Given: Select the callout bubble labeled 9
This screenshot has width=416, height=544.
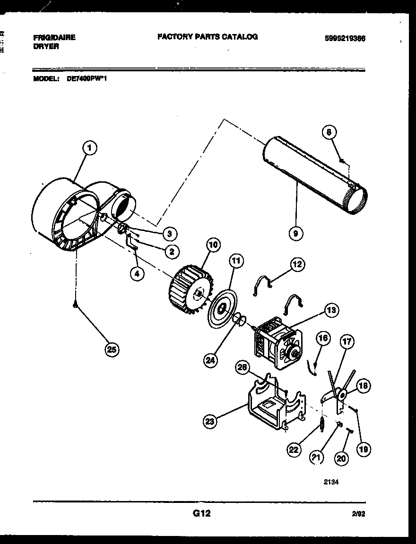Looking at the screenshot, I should tap(297, 232).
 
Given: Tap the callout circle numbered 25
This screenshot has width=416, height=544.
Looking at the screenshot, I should tap(111, 349).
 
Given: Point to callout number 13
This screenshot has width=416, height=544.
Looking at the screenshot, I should tap(331, 310).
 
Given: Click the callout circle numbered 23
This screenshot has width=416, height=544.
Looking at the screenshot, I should tap(210, 421).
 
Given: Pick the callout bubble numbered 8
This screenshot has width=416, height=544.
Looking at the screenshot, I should tap(330, 133).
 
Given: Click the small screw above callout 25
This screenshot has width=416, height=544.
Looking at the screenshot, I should tap(76, 306).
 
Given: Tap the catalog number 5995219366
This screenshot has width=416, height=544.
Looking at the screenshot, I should tap(345, 39).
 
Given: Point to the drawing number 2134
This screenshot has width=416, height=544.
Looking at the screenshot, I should tap(331, 482).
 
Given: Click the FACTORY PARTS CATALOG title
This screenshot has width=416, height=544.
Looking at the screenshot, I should tap(208, 37).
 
